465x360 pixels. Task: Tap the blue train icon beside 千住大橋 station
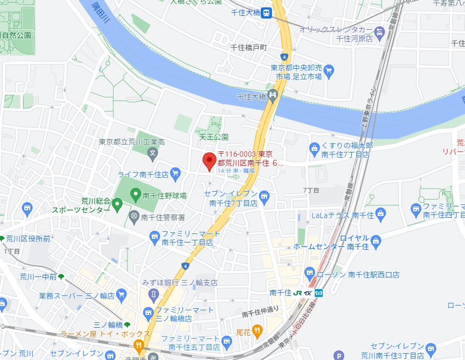click(x=268, y=13)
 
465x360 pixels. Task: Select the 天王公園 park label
click(x=214, y=137)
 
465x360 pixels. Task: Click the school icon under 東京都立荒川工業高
click(x=152, y=155)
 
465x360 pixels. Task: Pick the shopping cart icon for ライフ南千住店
click(x=176, y=173)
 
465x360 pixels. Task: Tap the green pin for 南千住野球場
click(x=135, y=195)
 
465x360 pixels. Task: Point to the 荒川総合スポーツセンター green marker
click(x=117, y=203)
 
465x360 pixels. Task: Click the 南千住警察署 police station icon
click(x=134, y=216)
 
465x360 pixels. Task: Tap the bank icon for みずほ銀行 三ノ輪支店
click(x=153, y=293)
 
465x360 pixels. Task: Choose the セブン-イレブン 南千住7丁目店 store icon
click(x=265, y=197)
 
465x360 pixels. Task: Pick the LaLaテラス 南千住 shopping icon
click(x=381, y=215)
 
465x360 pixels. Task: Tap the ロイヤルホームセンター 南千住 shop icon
click(x=376, y=240)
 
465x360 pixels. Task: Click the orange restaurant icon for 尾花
click(x=257, y=331)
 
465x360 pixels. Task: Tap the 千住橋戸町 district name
click(x=250, y=48)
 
